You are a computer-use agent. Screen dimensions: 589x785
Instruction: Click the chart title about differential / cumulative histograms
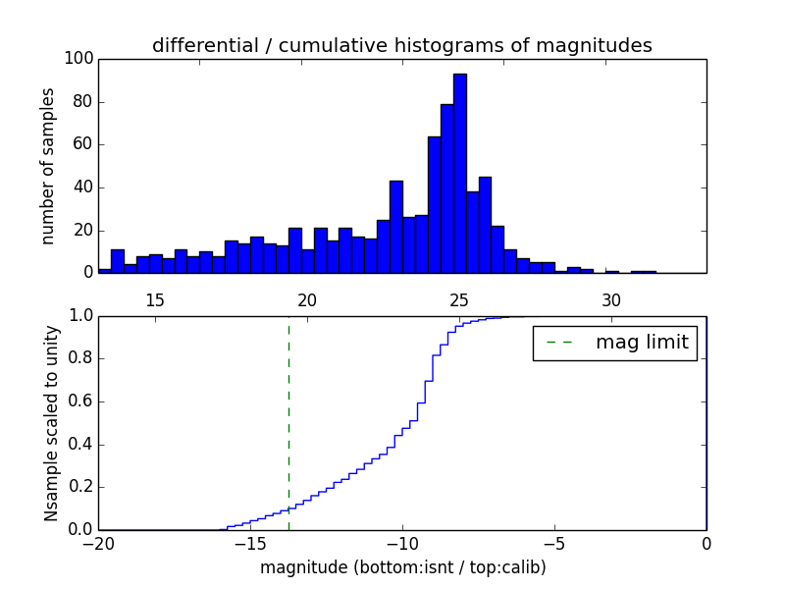tap(402, 45)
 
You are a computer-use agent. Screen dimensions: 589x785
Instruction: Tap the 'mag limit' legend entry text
tap(642, 343)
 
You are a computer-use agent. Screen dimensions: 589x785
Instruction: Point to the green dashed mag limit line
tap(288, 422)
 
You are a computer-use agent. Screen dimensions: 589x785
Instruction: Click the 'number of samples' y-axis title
tap(48, 167)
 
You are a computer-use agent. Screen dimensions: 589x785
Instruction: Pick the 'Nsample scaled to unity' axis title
tap(51, 424)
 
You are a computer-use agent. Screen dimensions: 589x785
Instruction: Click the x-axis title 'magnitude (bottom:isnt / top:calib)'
tap(402, 567)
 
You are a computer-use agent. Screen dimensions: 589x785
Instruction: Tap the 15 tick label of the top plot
tap(154, 299)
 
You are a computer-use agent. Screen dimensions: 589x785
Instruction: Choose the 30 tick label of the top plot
tap(611, 299)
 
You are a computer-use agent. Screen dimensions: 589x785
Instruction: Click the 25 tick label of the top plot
tap(459, 299)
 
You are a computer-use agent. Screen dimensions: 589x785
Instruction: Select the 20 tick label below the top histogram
tap(307, 299)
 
